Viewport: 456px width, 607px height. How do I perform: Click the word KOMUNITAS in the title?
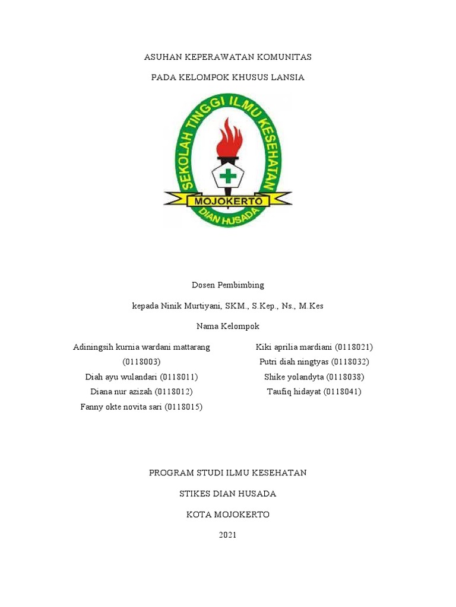283,57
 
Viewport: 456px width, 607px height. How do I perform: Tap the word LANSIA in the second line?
287,78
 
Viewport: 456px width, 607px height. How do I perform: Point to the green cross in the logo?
227,176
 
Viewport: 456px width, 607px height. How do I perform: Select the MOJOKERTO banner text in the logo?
228,202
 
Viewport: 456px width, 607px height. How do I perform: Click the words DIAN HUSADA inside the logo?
228,218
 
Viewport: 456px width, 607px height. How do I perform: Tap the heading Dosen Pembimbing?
228,285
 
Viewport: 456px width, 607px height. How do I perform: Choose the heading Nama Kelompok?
228,327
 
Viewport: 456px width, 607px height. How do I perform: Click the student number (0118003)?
142,362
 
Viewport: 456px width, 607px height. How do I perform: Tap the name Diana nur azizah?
121,392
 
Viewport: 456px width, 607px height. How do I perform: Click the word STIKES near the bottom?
196,494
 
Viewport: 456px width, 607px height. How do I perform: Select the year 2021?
228,535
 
